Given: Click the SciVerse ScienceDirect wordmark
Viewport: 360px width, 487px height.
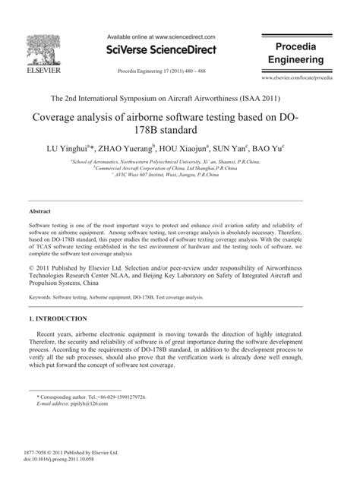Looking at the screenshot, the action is coord(161,50).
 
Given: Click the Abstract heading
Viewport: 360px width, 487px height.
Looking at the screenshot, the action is coord(39,210).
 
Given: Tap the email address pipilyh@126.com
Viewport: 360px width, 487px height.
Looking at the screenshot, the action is coord(79,405).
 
